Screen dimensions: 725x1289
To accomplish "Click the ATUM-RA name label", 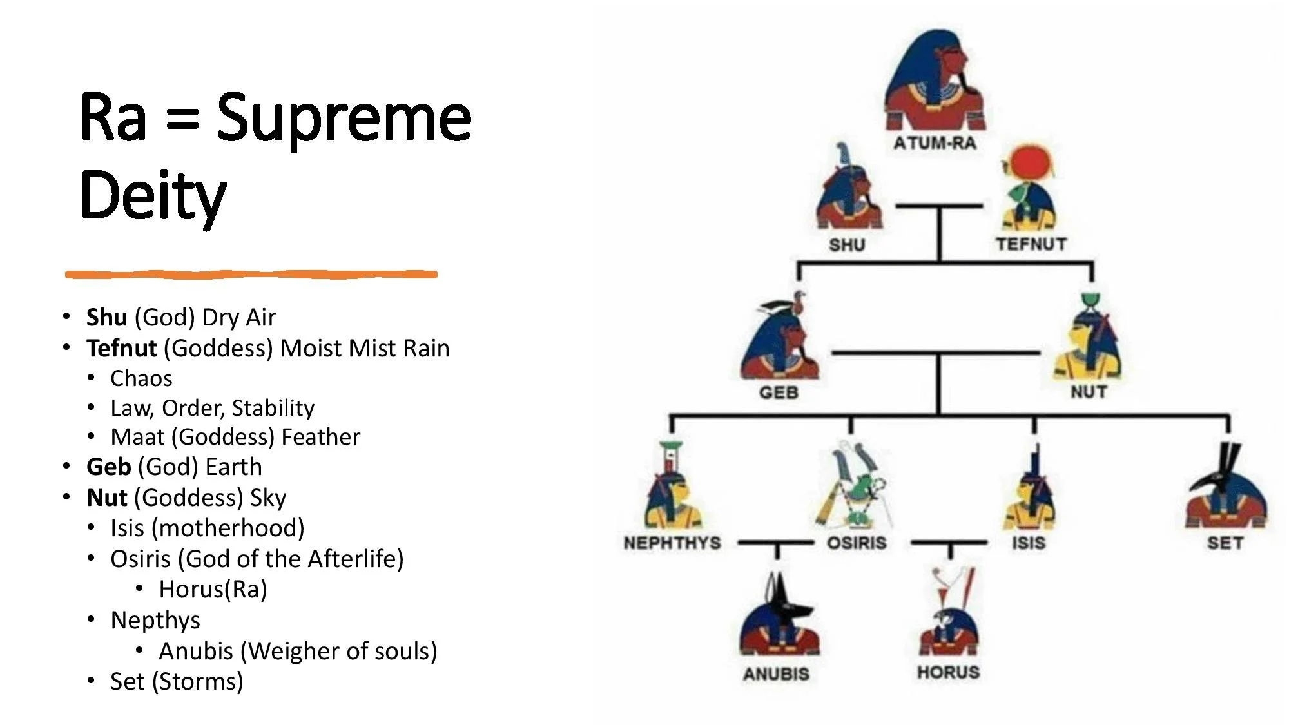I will tap(934, 143).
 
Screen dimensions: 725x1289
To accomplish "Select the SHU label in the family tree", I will tap(846, 245).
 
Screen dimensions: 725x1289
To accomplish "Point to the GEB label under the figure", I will tap(779, 392).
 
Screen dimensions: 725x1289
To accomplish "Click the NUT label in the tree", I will tap(1089, 391).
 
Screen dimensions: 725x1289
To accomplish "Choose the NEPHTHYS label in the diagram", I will tap(672, 543).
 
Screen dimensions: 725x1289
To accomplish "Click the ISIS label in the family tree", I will tap(1028, 543).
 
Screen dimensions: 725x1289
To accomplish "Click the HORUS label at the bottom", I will tap(948, 672).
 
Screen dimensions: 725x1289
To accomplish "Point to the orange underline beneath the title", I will tap(251, 275).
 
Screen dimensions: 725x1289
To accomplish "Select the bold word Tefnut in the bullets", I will tap(121, 348).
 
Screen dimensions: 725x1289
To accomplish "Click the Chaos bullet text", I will tap(141, 378).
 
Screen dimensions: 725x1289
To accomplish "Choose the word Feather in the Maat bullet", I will tap(320, 437).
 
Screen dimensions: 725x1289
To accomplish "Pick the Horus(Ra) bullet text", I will tap(213, 589).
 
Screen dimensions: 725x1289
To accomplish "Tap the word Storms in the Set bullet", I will tap(197, 681).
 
